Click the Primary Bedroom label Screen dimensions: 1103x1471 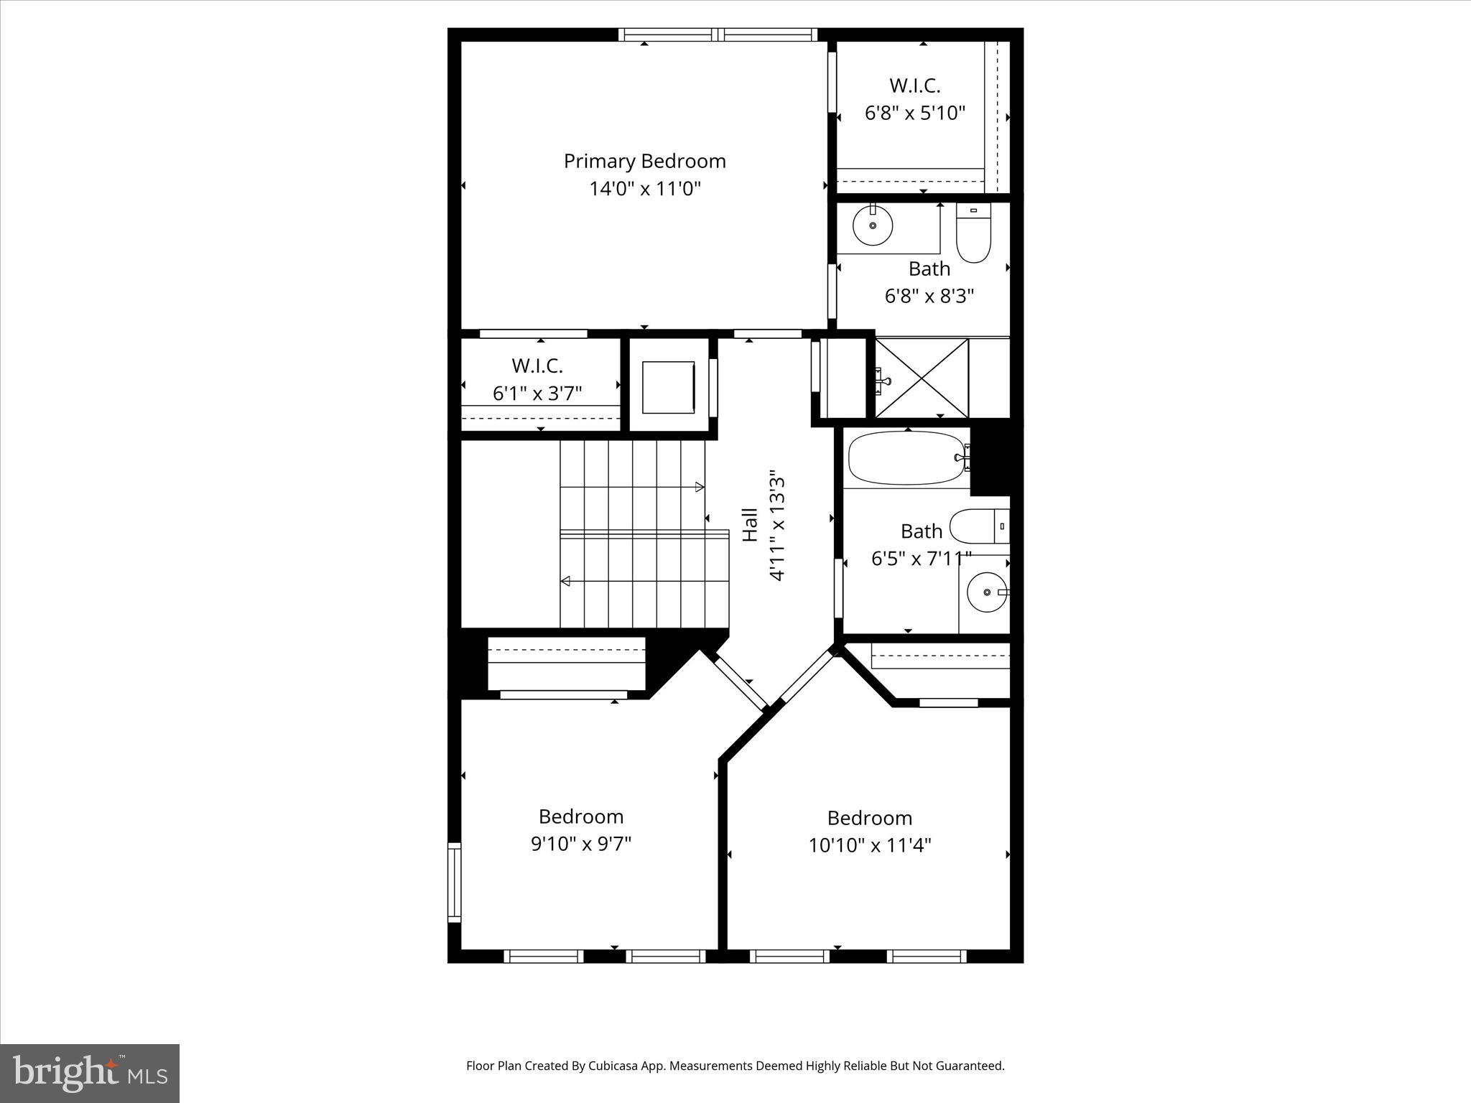point(644,161)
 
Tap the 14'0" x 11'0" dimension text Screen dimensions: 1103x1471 point(644,189)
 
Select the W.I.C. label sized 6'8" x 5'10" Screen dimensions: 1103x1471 point(914,85)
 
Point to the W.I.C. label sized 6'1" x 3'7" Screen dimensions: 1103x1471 point(537,366)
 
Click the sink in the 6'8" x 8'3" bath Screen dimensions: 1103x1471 point(873,225)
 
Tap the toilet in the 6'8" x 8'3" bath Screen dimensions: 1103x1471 point(973,234)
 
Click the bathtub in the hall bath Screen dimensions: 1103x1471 point(906,458)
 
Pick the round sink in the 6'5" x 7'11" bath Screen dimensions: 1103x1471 point(987,592)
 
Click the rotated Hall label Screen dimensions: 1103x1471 point(750,525)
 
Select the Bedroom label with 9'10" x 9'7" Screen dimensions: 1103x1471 point(580,816)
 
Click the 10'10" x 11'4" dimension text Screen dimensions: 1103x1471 point(869,845)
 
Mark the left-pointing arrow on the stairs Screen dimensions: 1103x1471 point(566,580)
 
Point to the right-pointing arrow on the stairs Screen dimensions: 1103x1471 point(699,488)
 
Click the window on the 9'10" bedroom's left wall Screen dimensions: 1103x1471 point(454,883)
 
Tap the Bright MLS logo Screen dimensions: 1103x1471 point(90,1073)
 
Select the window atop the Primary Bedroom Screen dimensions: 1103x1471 point(718,34)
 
